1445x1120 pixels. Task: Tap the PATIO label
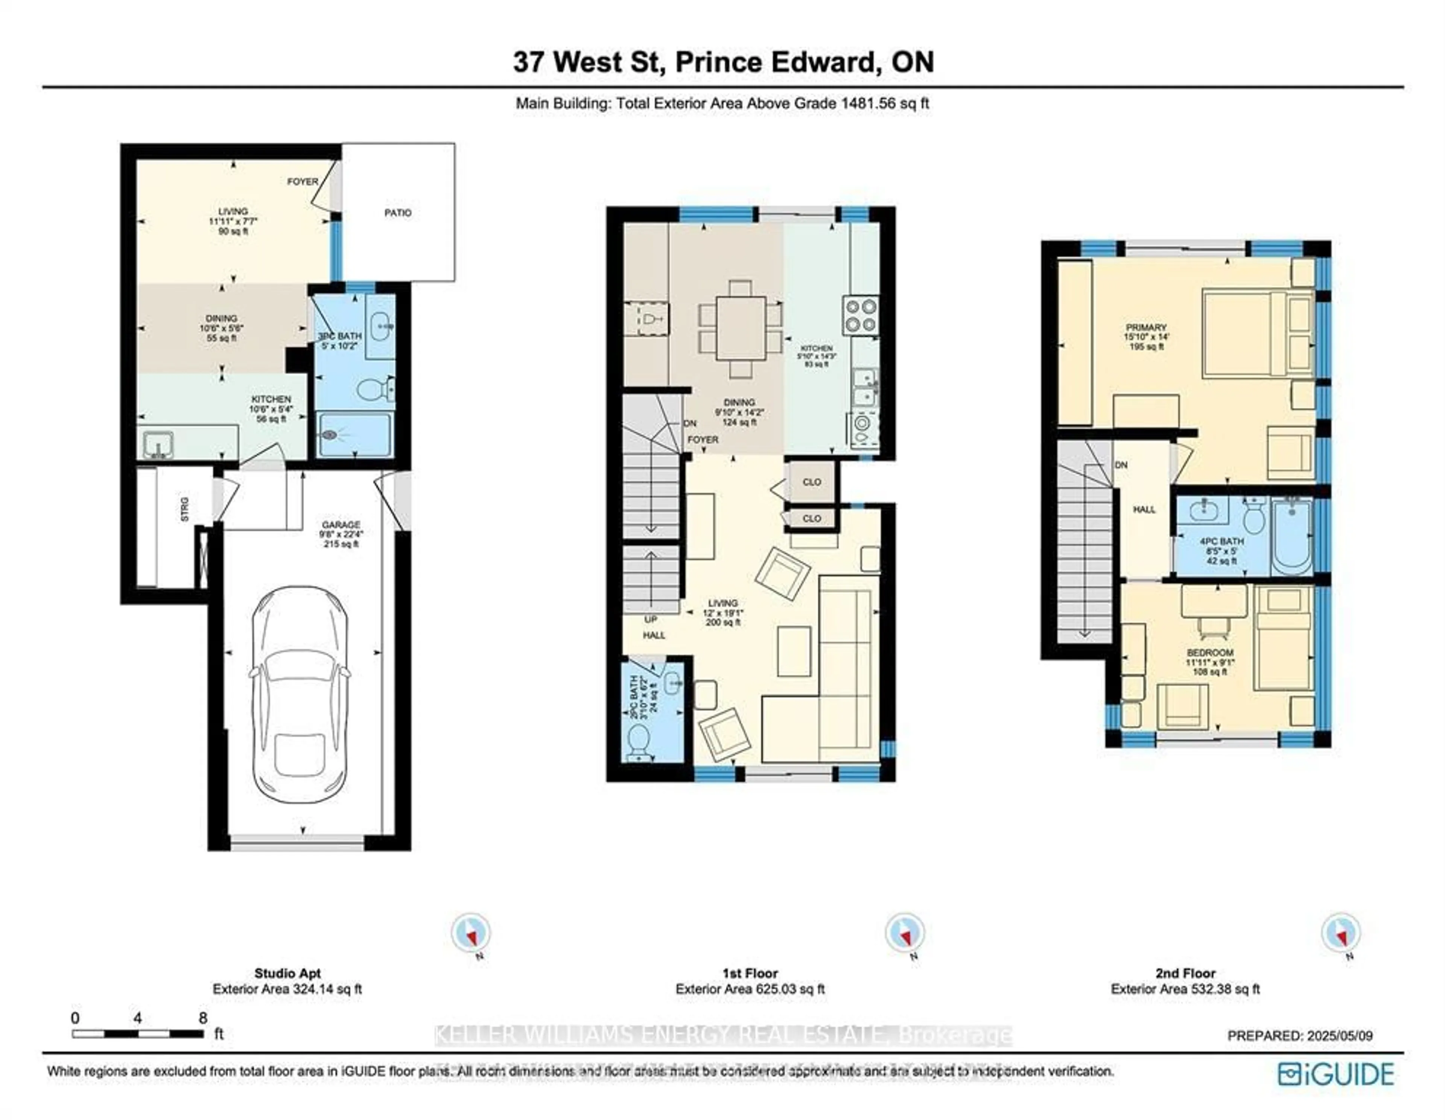coord(398,212)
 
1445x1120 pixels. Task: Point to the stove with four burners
coord(861,315)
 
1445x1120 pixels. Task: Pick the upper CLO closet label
coord(811,482)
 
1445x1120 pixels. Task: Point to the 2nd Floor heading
coord(1185,973)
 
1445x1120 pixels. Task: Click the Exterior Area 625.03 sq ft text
coord(750,989)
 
